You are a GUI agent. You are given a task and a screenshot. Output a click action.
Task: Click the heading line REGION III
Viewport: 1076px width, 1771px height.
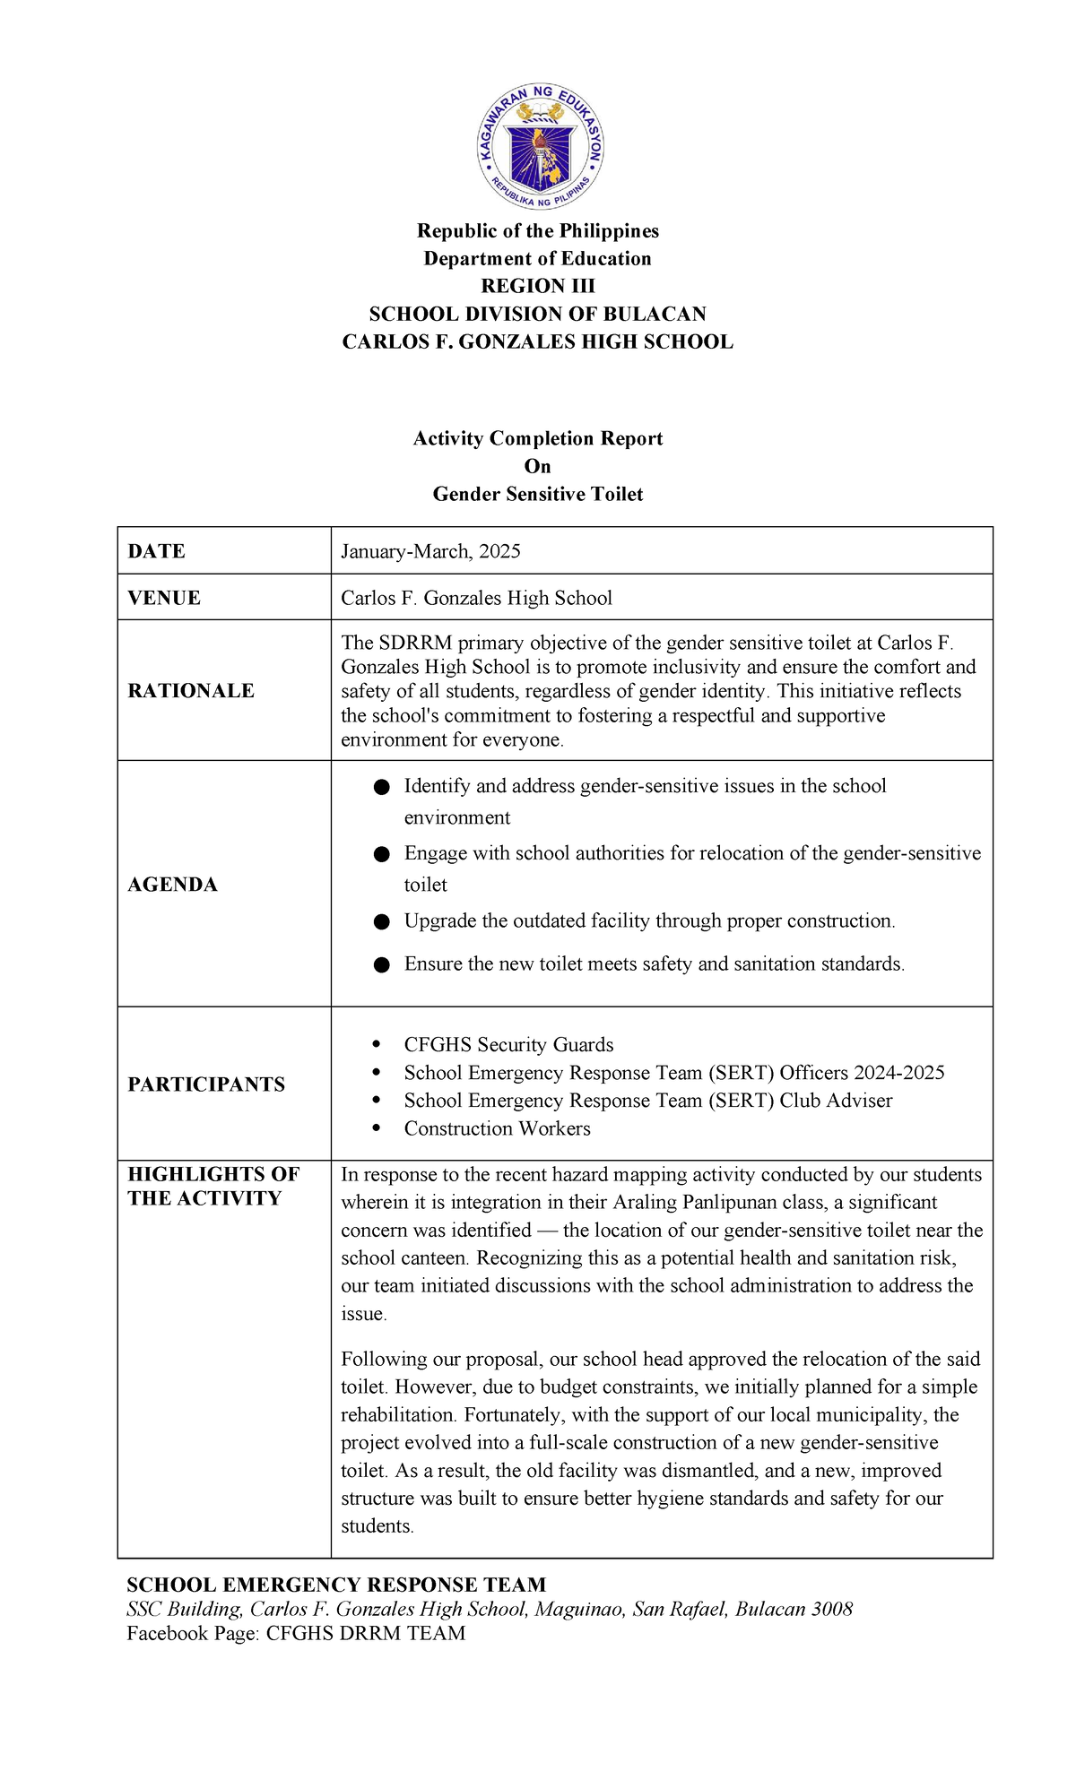click(x=537, y=286)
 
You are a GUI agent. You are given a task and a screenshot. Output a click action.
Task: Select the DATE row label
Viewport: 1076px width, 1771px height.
click(x=156, y=551)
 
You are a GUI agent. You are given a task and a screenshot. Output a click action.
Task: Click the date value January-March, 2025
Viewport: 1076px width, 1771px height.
click(x=430, y=551)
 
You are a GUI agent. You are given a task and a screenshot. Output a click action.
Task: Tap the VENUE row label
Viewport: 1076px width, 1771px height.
click(x=164, y=598)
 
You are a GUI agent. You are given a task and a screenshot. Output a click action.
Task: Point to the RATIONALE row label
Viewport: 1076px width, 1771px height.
click(x=191, y=691)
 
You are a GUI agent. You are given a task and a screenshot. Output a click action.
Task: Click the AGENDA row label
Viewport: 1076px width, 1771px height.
click(x=172, y=885)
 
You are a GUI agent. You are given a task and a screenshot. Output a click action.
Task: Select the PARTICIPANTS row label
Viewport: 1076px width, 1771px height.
click(x=206, y=1084)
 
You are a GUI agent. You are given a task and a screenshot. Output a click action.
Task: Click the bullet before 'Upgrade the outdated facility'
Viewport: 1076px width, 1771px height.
click(x=382, y=922)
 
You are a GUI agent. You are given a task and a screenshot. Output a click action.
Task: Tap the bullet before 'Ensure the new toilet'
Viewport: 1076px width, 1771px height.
click(x=382, y=965)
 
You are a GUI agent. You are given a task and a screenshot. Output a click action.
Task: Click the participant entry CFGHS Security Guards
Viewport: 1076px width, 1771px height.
click(x=508, y=1045)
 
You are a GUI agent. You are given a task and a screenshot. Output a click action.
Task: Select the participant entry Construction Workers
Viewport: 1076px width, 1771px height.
click(x=497, y=1128)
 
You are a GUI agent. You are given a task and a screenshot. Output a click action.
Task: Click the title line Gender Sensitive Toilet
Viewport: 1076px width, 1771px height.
click(x=537, y=494)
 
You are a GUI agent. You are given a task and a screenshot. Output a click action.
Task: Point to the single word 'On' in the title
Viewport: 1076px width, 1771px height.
click(x=537, y=466)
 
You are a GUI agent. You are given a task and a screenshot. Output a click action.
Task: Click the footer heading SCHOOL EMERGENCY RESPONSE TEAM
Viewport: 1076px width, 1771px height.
click(x=336, y=1585)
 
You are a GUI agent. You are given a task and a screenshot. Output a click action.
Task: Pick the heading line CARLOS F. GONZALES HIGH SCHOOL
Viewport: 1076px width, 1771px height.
click(x=537, y=341)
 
